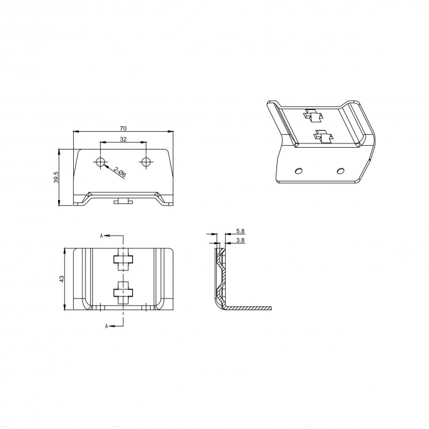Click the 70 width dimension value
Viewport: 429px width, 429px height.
point(123,128)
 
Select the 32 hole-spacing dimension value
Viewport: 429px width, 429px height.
point(123,140)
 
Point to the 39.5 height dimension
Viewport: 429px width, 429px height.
point(56,177)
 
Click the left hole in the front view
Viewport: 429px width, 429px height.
point(101,162)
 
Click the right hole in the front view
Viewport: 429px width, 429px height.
point(146,162)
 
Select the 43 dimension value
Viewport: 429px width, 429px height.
point(62,279)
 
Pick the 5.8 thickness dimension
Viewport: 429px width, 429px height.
point(240,232)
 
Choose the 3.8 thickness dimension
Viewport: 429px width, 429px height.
point(240,241)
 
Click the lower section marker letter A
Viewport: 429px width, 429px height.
point(107,326)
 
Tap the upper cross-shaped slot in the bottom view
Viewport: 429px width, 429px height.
point(123,260)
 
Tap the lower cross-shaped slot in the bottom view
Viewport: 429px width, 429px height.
point(123,292)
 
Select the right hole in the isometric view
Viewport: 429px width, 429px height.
point(341,169)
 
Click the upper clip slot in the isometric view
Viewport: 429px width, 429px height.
point(313,115)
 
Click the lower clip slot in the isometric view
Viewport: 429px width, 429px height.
point(322,136)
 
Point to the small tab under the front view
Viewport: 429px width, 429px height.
point(123,201)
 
